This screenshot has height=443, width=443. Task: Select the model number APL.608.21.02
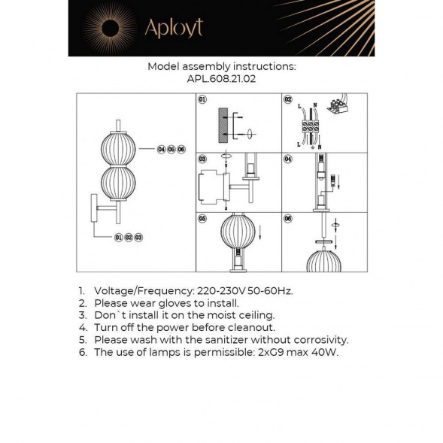[x=221, y=78]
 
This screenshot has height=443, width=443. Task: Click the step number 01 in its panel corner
[x=202, y=99]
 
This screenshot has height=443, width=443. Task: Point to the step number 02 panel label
[x=288, y=99]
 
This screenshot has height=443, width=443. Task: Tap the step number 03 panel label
[x=202, y=159]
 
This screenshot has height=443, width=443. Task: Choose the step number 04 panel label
[x=288, y=159]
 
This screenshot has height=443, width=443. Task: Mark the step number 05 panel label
[x=202, y=218]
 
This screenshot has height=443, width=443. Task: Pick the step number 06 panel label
[x=288, y=218]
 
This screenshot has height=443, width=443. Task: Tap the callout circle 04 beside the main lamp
[x=161, y=150]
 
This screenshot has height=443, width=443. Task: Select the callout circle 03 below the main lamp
[x=138, y=237]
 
